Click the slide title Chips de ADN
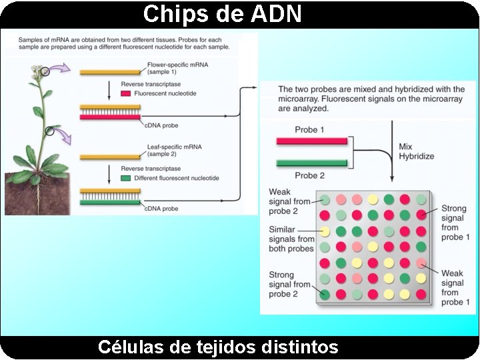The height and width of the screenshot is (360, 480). pos(223,13)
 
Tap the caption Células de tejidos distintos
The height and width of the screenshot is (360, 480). pos(218,347)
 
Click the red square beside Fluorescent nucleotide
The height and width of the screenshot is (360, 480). pos(126,95)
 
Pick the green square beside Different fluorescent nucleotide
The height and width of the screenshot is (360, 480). pos(126,179)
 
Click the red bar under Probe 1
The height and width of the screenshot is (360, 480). pos(312,141)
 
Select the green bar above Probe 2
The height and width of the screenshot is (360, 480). pos(312,163)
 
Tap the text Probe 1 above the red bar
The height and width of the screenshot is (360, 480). pos(310,129)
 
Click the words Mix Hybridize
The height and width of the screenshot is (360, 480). pos(416,151)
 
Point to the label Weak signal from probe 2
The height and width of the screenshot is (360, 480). pos(289,202)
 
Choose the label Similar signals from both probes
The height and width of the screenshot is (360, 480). pos(291,239)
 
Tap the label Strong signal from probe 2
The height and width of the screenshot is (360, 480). pos(289,285)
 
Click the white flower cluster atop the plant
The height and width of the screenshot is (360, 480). pos(37,70)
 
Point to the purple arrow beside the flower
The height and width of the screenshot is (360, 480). pos(62,67)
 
